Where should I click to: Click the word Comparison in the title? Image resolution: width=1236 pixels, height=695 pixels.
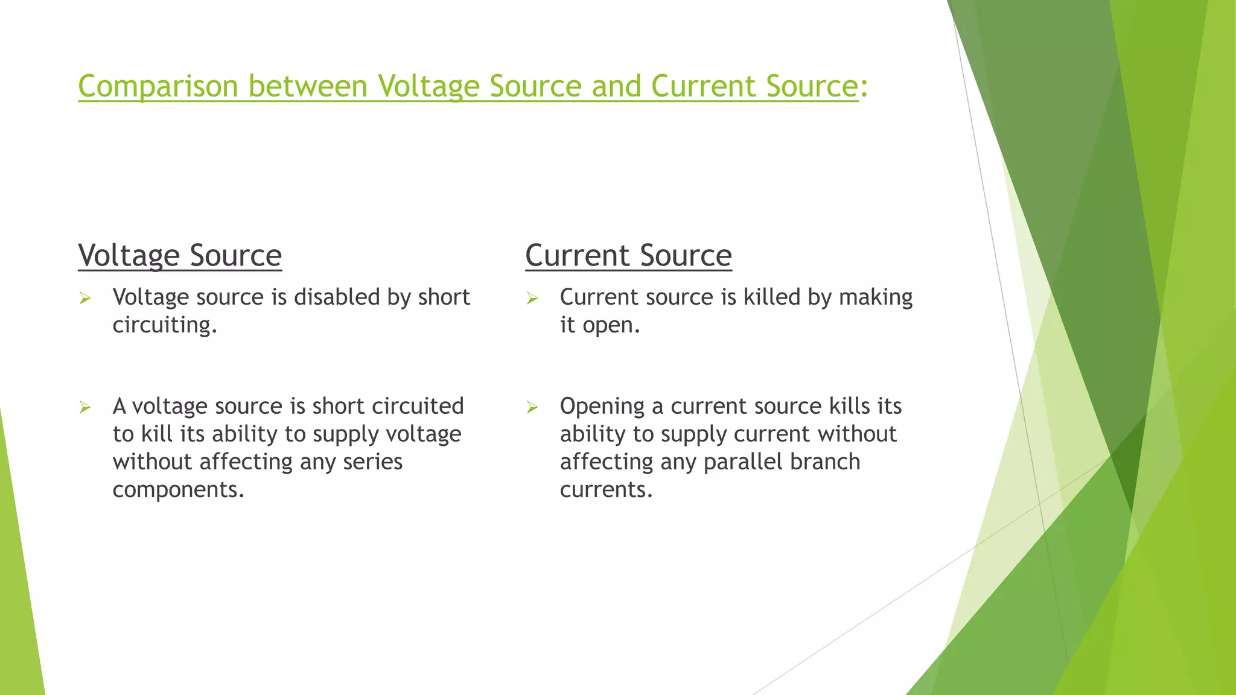[x=158, y=86]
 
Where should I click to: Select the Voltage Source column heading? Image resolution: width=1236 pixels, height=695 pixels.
[x=180, y=255]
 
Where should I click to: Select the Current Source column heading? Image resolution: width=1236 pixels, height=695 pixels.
[x=628, y=255]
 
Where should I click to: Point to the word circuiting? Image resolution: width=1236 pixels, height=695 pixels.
[x=164, y=325]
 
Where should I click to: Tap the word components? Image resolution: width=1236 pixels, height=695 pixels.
[x=178, y=490]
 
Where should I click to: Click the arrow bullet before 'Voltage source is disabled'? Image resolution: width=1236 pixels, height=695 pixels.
[x=85, y=298]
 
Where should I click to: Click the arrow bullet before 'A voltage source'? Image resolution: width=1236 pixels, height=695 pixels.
[x=85, y=407]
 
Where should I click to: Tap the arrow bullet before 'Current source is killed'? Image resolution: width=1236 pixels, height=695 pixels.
[x=532, y=298]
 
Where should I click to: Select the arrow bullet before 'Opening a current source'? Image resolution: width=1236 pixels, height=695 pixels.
[x=532, y=407]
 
